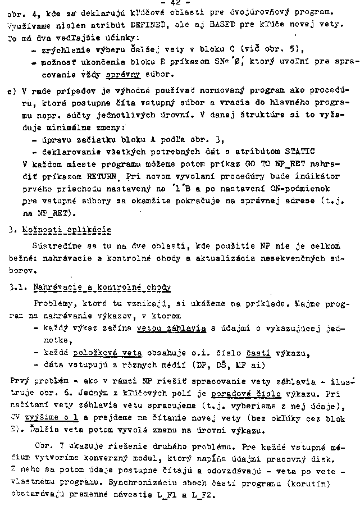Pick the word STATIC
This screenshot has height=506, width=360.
pos(298,151)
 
